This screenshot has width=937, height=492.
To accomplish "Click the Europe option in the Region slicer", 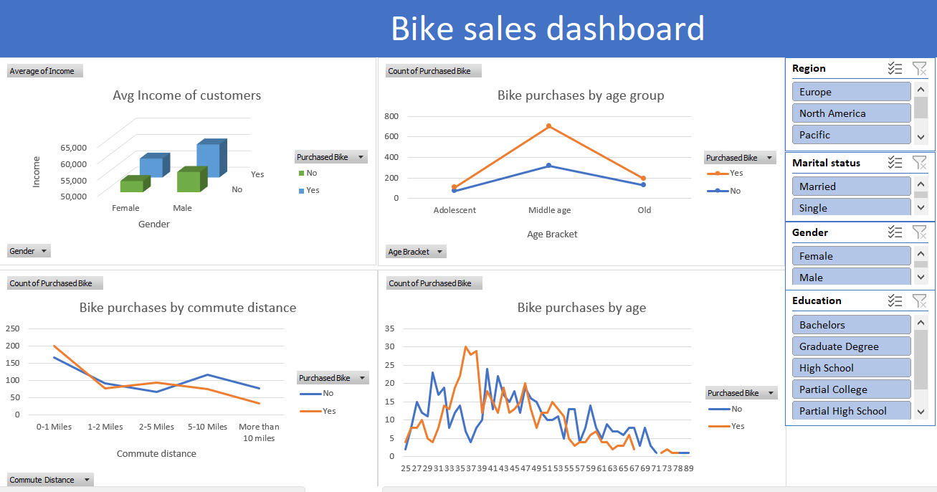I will pyautogui.click(x=851, y=92).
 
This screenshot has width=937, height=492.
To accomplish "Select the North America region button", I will pyautogui.click(x=851, y=113).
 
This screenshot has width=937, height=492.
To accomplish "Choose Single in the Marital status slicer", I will pyautogui.click(x=851, y=208).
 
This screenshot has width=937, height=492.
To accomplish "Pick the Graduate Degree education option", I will pyautogui.click(x=851, y=346).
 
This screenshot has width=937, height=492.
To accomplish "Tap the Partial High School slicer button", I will pyautogui.click(x=851, y=411).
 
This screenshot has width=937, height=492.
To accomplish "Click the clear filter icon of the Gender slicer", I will pyautogui.click(x=919, y=232).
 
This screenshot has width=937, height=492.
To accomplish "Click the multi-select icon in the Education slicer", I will pyautogui.click(x=895, y=301).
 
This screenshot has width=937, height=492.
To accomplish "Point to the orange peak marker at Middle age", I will pyautogui.click(x=549, y=126).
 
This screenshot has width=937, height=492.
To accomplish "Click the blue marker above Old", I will pyautogui.click(x=643, y=185).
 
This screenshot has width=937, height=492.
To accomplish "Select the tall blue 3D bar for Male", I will pyautogui.click(x=209, y=159).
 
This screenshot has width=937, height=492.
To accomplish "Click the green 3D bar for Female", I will pyautogui.click(x=132, y=186).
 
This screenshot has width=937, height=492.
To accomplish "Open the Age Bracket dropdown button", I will pyautogui.click(x=416, y=252).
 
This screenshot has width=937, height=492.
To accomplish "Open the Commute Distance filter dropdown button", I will pyautogui.click(x=50, y=480).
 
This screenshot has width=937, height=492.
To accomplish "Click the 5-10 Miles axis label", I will pyautogui.click(x=207, y=427).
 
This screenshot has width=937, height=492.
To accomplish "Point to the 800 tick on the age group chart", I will pyautogui.click(x=391, y=116).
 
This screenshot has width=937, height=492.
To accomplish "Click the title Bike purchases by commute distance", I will pyautogui.click(x=188, y=308).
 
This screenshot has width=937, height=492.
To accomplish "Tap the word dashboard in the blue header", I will pyautogui.click(x=625, y=29).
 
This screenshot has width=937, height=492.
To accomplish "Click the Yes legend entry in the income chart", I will pyautogui.click(x=312, y=190).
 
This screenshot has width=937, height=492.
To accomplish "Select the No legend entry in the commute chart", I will pyautogui.click(x=328, y=393).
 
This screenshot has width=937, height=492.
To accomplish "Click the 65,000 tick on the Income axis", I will pyautogui.click(x=73, y=148).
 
